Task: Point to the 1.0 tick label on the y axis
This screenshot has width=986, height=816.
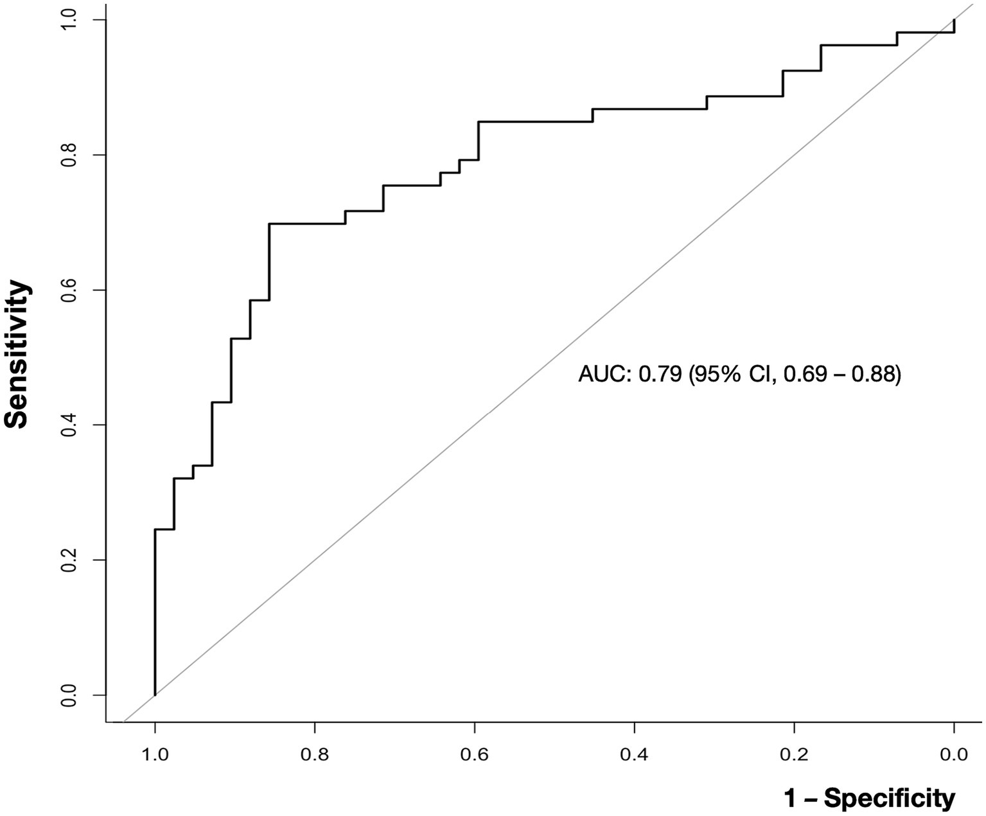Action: (69, 20)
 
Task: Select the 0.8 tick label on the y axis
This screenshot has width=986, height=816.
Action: (69, 155)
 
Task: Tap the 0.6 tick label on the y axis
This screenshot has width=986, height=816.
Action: (69, 290)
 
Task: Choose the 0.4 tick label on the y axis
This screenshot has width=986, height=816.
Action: (69, 425)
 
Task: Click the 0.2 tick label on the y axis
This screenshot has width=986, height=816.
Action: (69, 560)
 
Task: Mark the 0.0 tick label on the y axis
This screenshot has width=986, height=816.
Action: (69, 695)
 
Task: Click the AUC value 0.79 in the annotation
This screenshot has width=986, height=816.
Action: (659, 374)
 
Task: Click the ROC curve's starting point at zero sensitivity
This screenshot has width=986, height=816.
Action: (155, 695)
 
